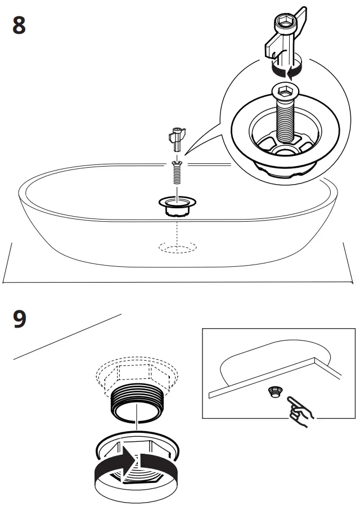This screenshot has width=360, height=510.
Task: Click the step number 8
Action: [x=19, y=26]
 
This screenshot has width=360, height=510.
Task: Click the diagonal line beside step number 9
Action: [x=67, y=336]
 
